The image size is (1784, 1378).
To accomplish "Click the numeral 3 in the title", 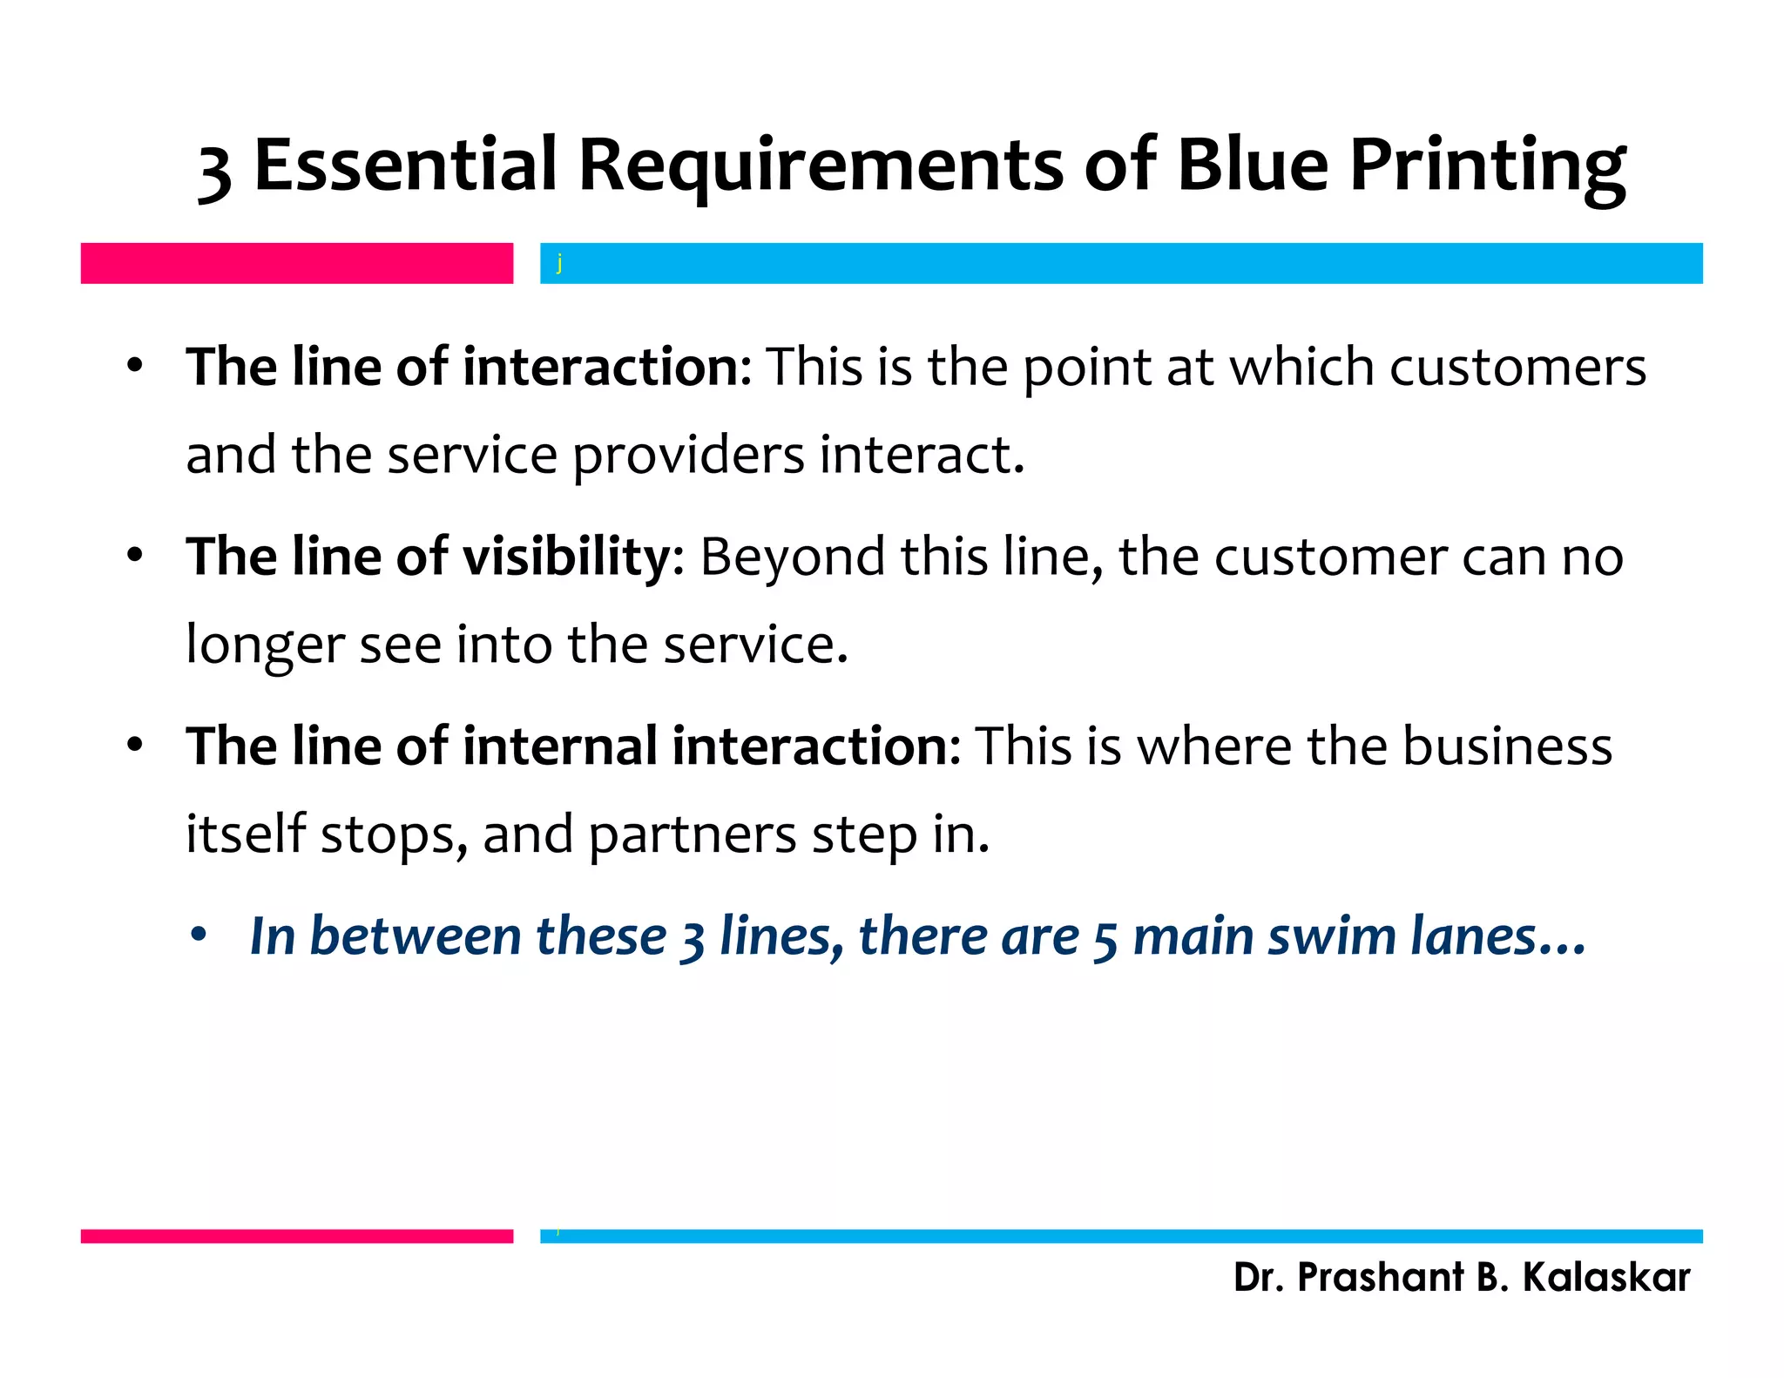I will (214, 170).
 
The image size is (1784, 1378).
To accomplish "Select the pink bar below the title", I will (296, 263).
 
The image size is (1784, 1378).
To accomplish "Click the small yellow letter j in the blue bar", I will (559, 262).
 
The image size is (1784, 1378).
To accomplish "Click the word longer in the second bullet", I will (265, 646).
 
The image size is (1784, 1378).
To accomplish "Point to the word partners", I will (693, 835).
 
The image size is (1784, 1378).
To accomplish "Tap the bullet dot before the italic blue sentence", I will (199, 936).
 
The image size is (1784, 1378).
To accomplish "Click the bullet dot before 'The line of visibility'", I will (134, 555).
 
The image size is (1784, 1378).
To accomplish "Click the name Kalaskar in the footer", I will (1605, 1278).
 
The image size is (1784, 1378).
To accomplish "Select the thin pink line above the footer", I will (296, 1235).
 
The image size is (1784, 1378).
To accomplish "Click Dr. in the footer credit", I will (1258, 1278).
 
